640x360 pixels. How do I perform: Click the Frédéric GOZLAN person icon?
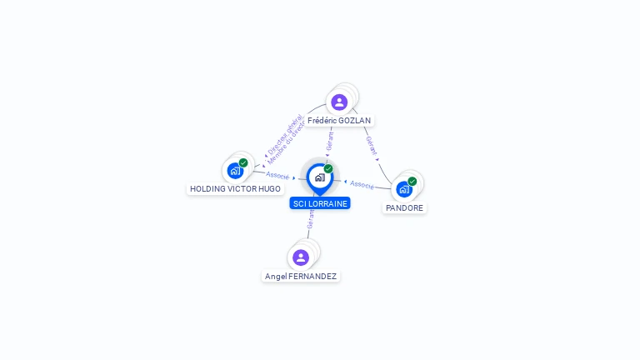[x=339, y=102]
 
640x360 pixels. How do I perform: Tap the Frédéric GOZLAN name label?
[x=339, y=121]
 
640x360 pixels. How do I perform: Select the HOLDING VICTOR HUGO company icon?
[x=235, y=171]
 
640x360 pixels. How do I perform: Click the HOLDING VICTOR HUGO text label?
[x=235, y=189]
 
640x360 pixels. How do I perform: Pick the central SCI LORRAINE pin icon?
[x=319, y=177]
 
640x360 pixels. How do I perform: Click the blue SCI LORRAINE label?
[x=320, y=203]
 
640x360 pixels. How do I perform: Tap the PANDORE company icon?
[x=405, y=188]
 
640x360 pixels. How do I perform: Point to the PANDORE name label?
[x=405, y=208]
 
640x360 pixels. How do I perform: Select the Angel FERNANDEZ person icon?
[x=301, y=257]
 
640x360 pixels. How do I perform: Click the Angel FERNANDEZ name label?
[x=301, y=276]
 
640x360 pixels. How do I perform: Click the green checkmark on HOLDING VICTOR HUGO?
[x=243, y=162]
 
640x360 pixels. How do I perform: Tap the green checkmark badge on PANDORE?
[x=412, y=181]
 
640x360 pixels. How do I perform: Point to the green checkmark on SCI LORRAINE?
[x=328, y=169]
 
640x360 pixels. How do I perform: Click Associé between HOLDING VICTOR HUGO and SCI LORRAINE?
[x=277, y=176]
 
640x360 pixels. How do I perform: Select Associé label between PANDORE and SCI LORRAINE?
[x=362, y=184]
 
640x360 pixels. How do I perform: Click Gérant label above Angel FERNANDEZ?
[x=311, y=219]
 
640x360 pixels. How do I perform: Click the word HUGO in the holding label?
[x=270, y=189]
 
